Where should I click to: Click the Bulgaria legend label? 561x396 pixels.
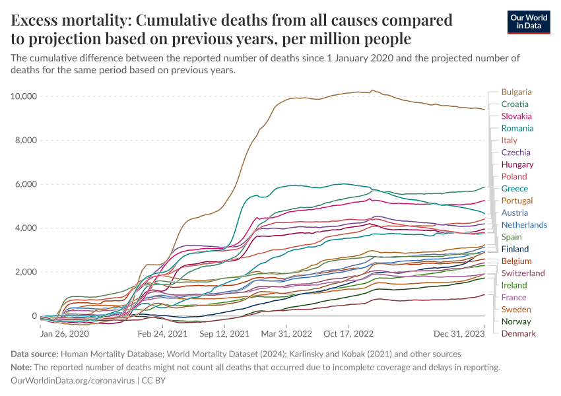point(516,92)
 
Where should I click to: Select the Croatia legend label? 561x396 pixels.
point(514,104)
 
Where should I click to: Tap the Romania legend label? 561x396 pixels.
point(517,128)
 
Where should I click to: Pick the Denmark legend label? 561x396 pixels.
point(518,333)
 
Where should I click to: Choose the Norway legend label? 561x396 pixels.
point(516,321)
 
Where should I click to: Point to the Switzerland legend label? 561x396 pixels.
point(523,273)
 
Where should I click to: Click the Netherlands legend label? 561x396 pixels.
point(524,225)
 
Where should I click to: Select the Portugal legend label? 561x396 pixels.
point(517,201)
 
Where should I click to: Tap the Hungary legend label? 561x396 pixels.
point(517,164)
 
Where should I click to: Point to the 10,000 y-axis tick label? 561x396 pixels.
point(23,96)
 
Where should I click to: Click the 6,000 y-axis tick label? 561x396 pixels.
point(26,184)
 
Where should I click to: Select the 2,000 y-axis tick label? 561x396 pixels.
point(26,272)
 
